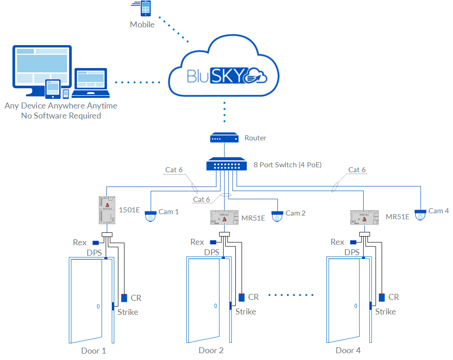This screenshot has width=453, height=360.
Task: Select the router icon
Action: pyautogui.click(x=224, y=138)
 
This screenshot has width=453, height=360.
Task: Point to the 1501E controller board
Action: pyautogui.click(x=107, y=210)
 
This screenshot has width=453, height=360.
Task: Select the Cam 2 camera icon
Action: pyautogui.click(x=277, y=216)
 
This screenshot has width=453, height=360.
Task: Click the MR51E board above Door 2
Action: pyautogui.click(x=224, y=217)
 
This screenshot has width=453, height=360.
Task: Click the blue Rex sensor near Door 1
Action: pyautogui.click(x=96, y=243)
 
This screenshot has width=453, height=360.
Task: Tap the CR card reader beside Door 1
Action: pyautogui.click(x=124, y=298)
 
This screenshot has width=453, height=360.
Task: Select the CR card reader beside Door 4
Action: pyautogui.click(x=382, y=298)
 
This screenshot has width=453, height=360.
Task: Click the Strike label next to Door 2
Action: pyautogui.click(x=245, y=312)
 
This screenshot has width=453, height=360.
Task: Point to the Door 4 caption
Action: pyautogui.click(x=348, y=350)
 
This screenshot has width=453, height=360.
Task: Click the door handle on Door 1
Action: pyautogui.click(x=98, y=307)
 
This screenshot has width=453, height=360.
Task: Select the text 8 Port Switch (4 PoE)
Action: pyautogui.click(x=288, y=165)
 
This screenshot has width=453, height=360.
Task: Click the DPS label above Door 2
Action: pyautogui.click(x=212, y=252)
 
